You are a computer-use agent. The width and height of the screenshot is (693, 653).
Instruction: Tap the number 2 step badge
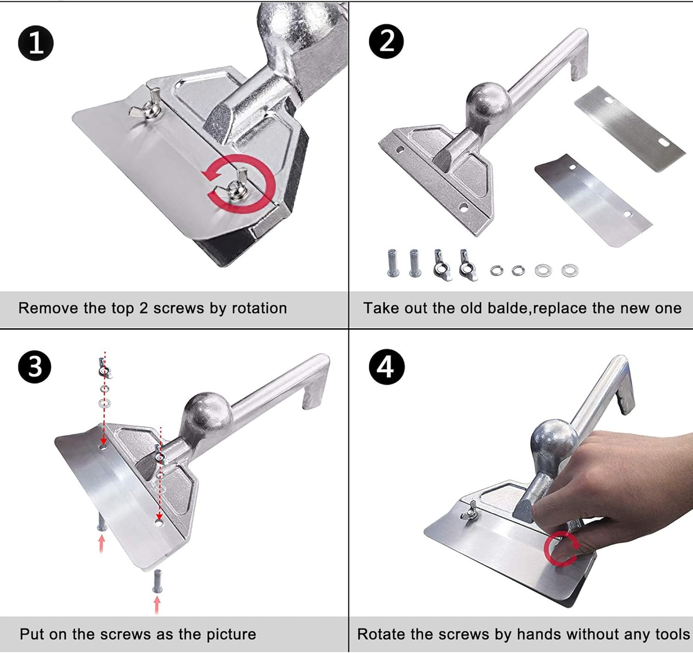click(x=386, y=42)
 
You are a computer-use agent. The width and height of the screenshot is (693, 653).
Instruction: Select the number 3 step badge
click(x=35, y=366)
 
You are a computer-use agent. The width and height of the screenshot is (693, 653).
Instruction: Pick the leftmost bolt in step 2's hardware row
click(x=392, y=263)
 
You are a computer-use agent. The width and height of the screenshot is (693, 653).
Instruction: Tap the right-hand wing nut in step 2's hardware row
click(x=468, y=265)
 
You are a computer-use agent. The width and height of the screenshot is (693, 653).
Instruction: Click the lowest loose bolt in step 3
click(x=158, y=581)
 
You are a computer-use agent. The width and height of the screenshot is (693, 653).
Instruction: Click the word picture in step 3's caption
click(x=231, y=634)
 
